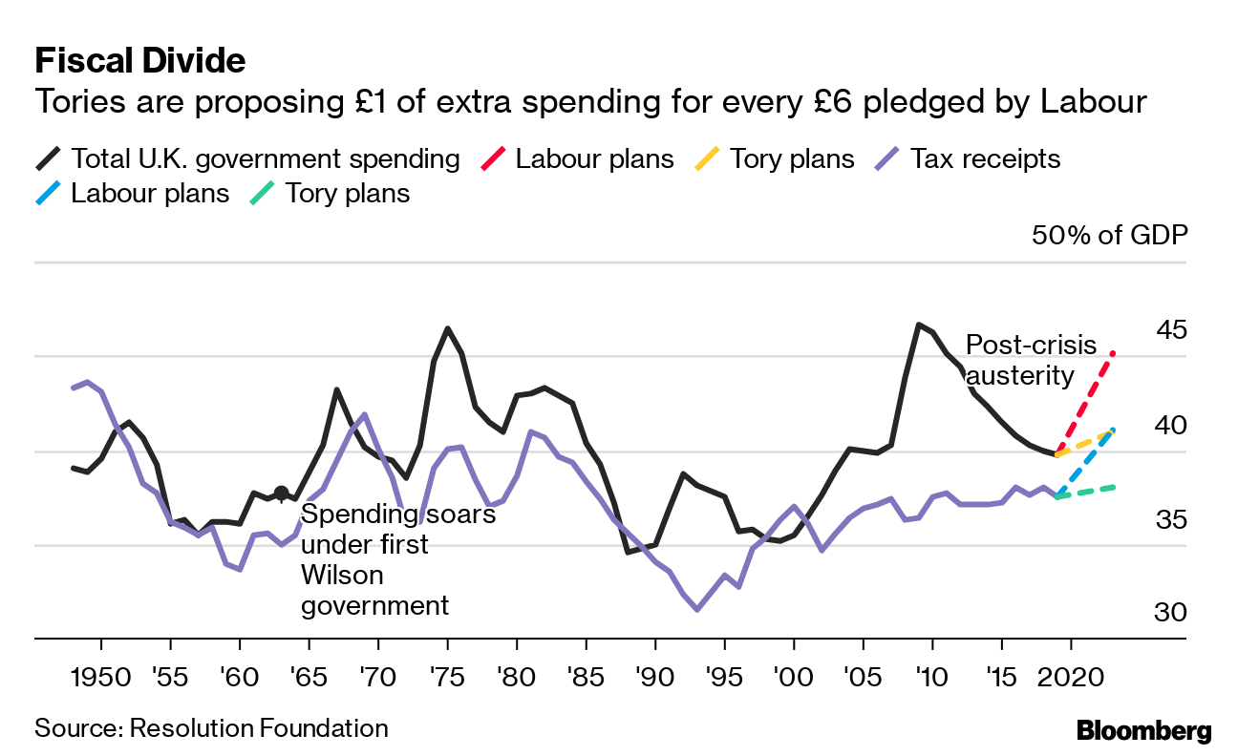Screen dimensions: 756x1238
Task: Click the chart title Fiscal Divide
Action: click(x=139, y=61)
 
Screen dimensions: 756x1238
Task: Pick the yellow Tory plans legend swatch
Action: click(x=707, y=158)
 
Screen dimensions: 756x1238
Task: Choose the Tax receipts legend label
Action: click(x=985, y=158)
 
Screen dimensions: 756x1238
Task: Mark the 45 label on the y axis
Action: click(x=1171, y=330)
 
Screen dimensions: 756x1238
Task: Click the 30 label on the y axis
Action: click(x=1171, y=612)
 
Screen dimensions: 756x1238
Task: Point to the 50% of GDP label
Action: click(x=1109, y=235)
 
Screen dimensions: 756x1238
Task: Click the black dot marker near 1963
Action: click(x=281, y=493)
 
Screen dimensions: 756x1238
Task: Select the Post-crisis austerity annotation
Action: click(x=1031, y=360)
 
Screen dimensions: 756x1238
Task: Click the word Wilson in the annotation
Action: click(x=342, y=576)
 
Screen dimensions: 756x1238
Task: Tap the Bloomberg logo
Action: click(x=1143, y=731)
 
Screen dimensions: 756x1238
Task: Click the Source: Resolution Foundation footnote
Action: click(x=211, y=728)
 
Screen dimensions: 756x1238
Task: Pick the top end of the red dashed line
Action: click(x=1114, y=354)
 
